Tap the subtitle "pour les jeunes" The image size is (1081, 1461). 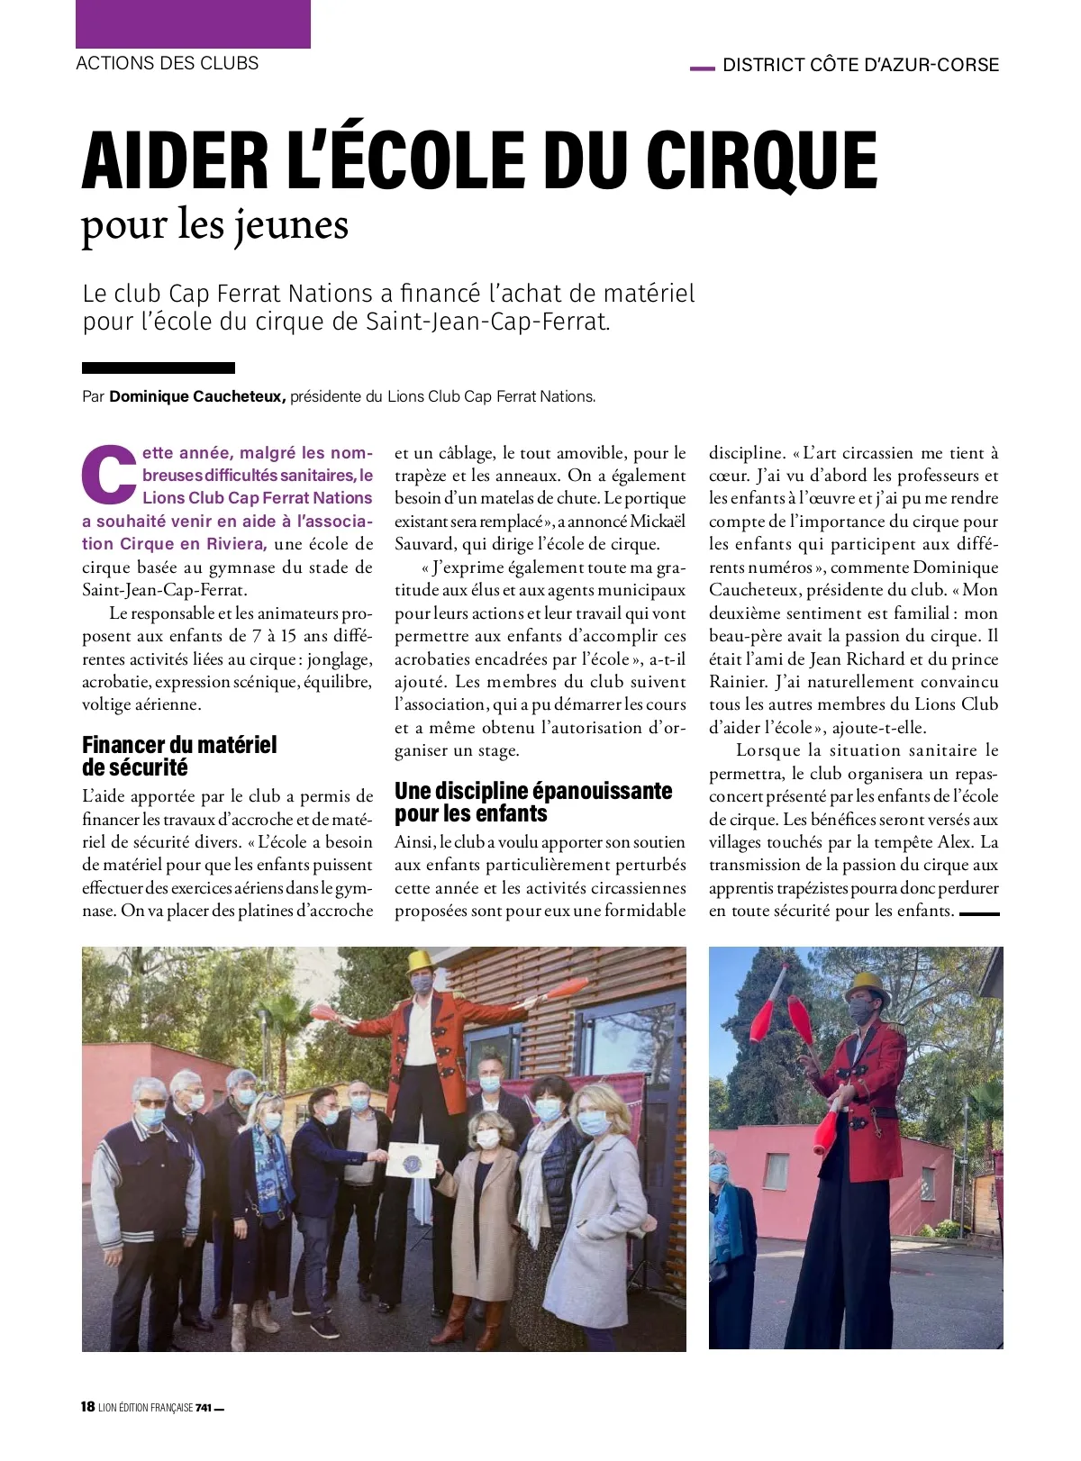coord(214,224)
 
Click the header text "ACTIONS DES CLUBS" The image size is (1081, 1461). coord(168,63)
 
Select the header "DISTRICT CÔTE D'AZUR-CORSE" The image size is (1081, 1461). coord(860,65)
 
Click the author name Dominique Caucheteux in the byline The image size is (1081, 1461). coord(197,396)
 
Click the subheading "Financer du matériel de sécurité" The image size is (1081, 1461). coord(179,756)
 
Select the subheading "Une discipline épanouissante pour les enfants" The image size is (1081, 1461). coord(533,802)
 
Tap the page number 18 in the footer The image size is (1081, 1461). coord(87,1407)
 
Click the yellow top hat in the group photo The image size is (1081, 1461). coord(419,961)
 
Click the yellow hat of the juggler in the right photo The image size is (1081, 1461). coord(867,984)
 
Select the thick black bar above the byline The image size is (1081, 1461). coord(159,368)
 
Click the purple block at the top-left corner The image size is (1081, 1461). coord(193,24)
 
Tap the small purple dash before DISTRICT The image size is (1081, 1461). coord(702,67)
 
